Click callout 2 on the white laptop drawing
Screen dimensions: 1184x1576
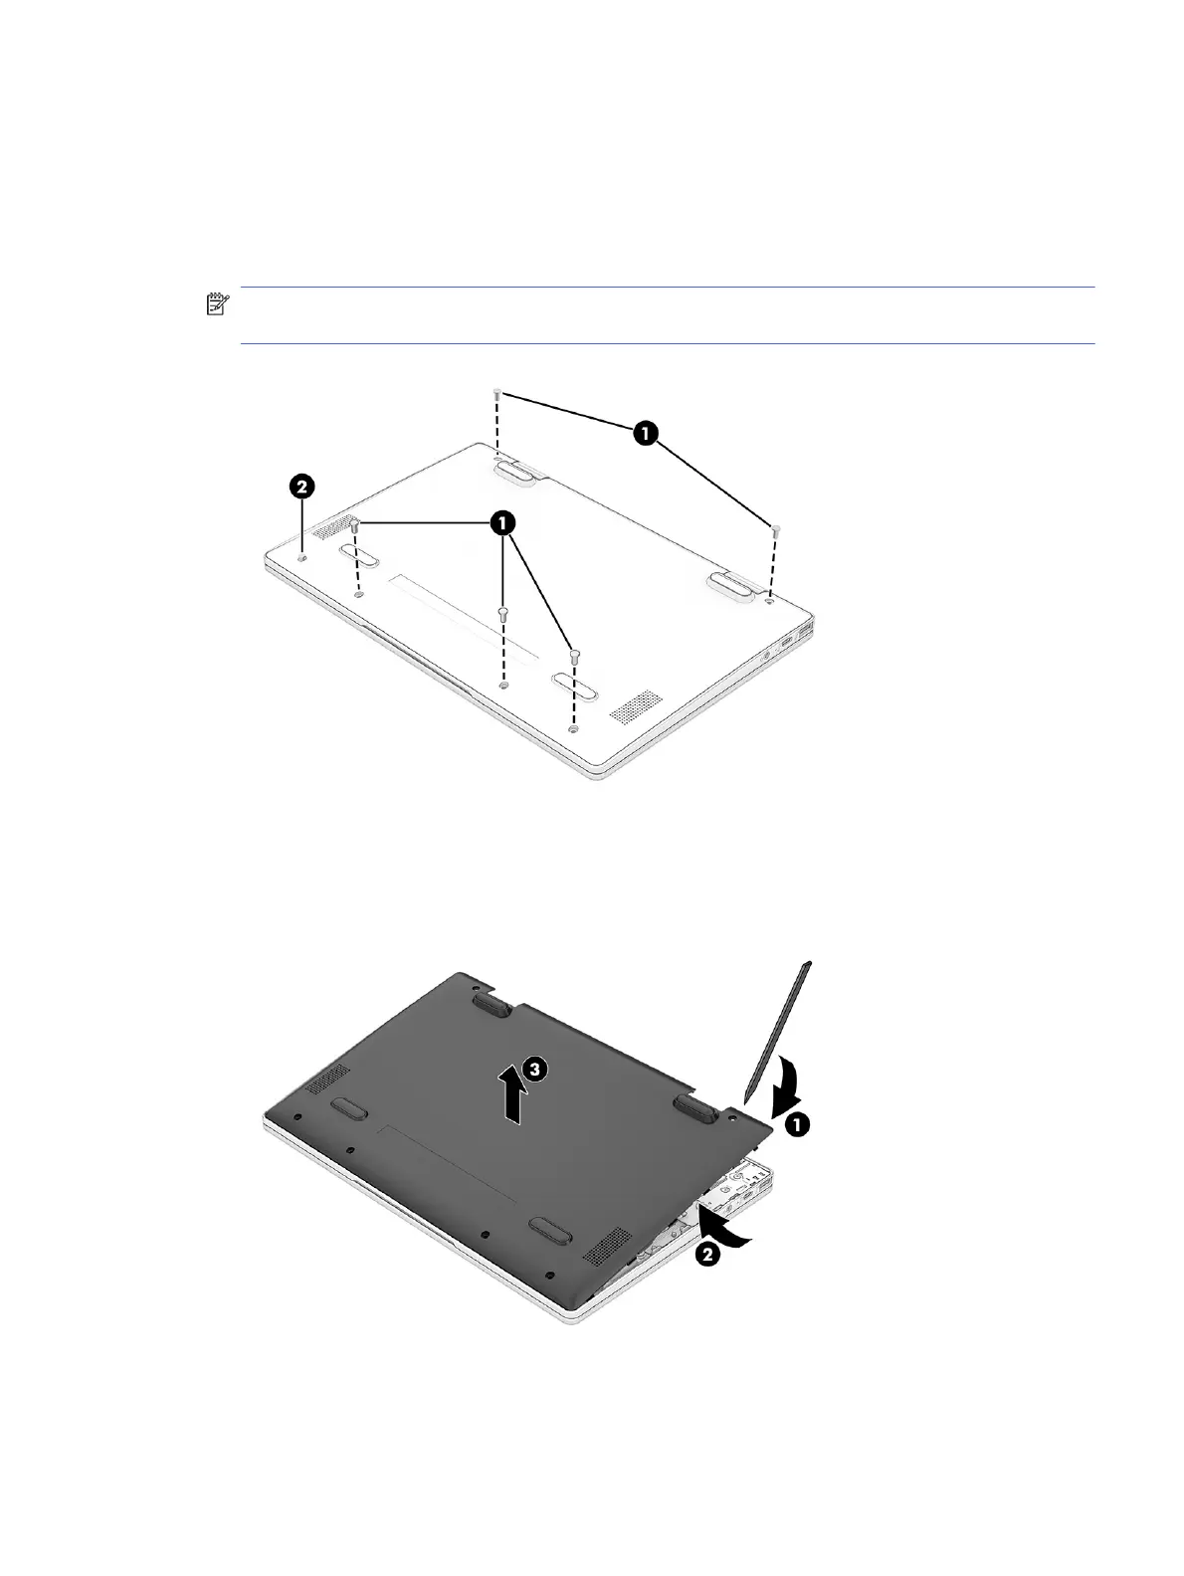(301, 487)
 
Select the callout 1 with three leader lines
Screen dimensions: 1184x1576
(502, 522)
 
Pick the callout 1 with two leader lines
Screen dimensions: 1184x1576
(646, 433)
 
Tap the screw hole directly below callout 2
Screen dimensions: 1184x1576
(303, 556)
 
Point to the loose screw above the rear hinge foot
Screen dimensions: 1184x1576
(496, 393)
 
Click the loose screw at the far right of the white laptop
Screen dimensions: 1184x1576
(775, 530)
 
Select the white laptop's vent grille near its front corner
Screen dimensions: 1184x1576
(636, 705)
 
